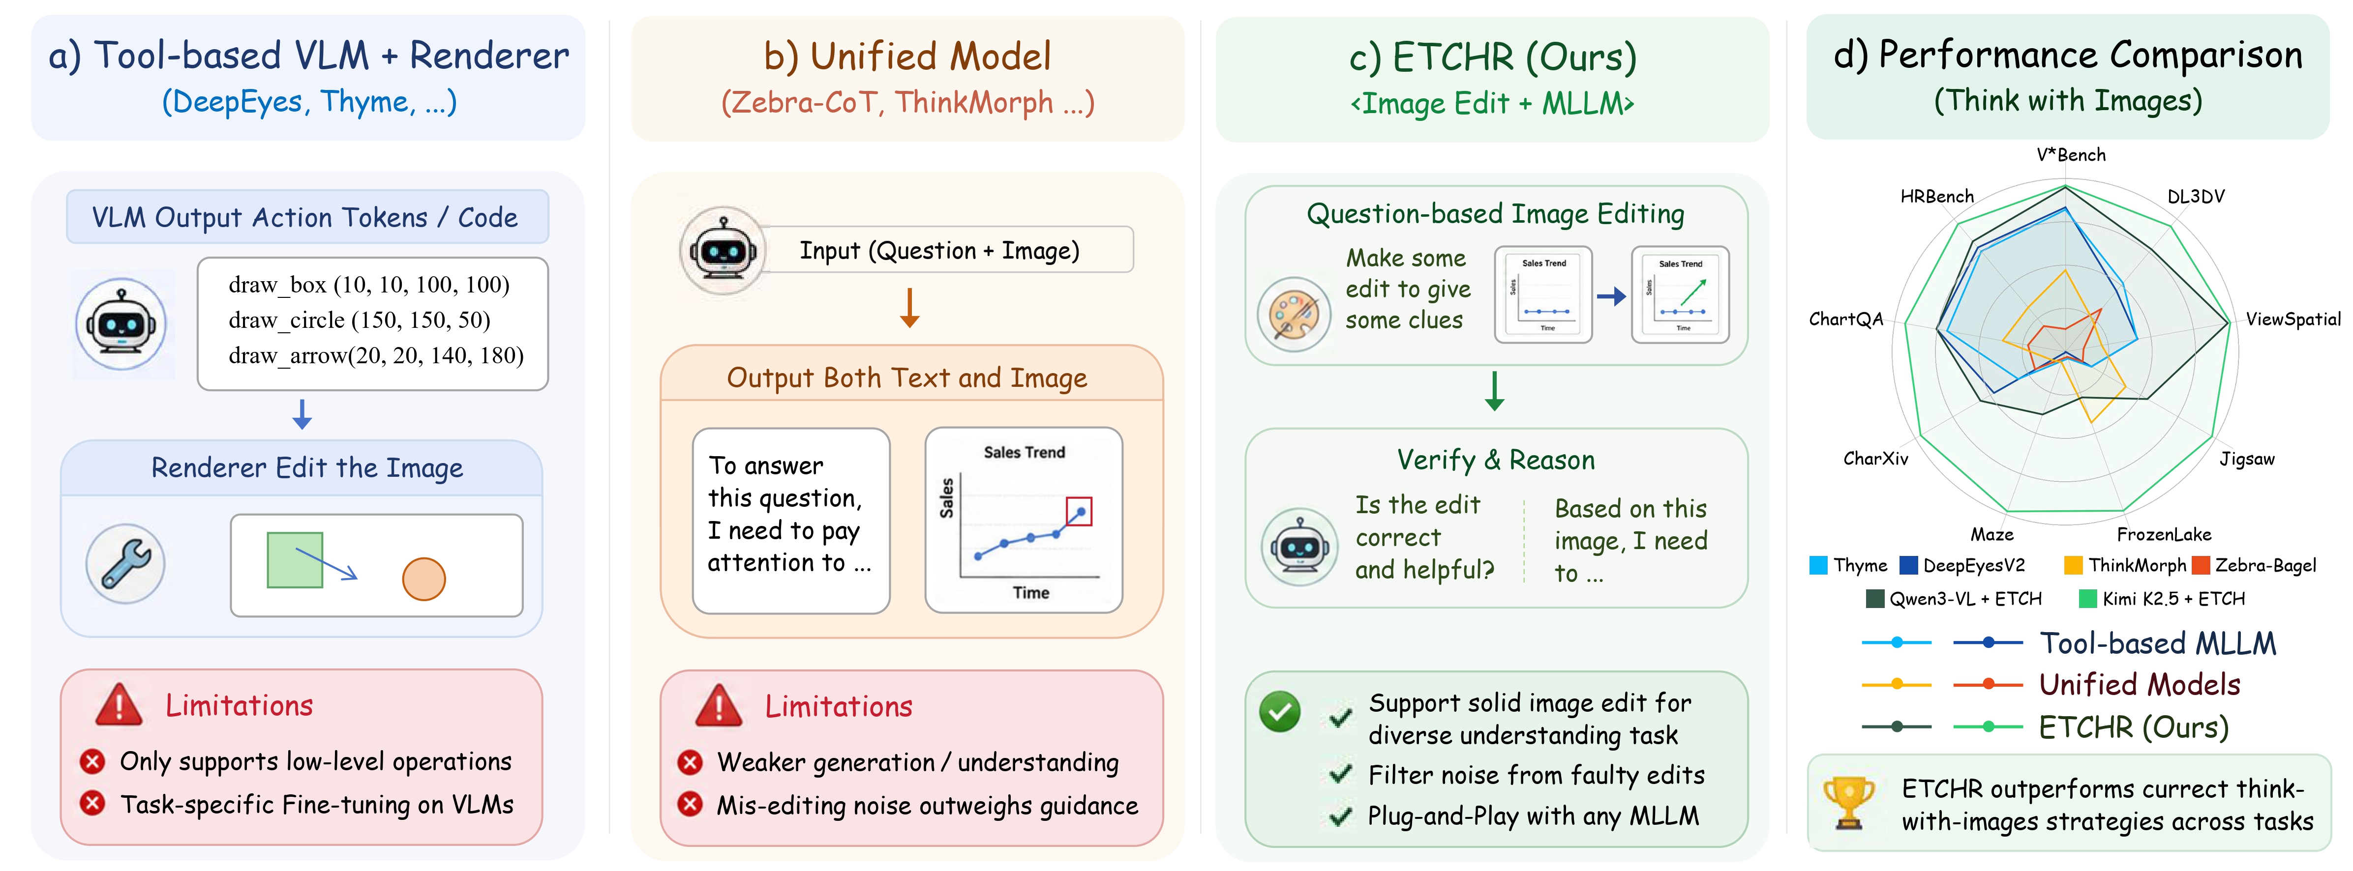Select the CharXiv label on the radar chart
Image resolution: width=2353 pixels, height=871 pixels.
click(x=1875, y=458)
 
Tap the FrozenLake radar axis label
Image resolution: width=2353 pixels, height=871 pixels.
click(x=2164, y=534)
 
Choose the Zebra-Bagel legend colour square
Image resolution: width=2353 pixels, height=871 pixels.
click(x=2201, y=565)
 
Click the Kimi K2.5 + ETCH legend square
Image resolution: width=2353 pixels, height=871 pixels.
click(x=2088, y=599)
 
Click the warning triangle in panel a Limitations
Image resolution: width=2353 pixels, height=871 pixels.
click(x=119, y=705)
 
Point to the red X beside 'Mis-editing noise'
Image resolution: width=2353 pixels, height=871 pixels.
click(x=690, y=804)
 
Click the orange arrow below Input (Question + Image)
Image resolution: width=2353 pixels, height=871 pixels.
click(x=909, y=308)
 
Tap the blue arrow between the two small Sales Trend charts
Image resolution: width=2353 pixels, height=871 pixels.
click(x=1611, y=296)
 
